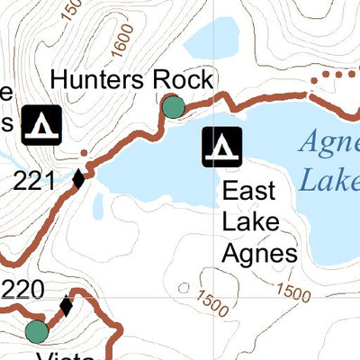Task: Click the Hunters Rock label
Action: pyautogui.click(x=131, y=79)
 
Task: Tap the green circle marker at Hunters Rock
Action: pyautogui.click(x=173, y=108)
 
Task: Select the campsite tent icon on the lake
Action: pyautogui.click(x=220, y=148)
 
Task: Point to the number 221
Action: pyautogui.click(x=35, y=181)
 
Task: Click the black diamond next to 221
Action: pyautogui.click(x=77, y=179)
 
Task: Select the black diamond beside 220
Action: pyautogui.click(x=66, y=306)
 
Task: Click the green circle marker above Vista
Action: pyautogui.click(x=36, y=331)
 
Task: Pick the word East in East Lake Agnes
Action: pyautogui.click(x=248, y=192)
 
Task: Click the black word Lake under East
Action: pyautogui.click(x=248, y=222)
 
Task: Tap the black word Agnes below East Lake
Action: pyautogui.click(x=259, y=253)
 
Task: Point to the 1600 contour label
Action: pyautogui.click(x=123, y=38)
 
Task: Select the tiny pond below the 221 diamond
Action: pyautogui.click(x=96, y=208)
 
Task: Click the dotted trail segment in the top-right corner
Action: pyautogui.click(x=333, y=75)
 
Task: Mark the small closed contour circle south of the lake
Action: pyautogui.click(x=184, y=289)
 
